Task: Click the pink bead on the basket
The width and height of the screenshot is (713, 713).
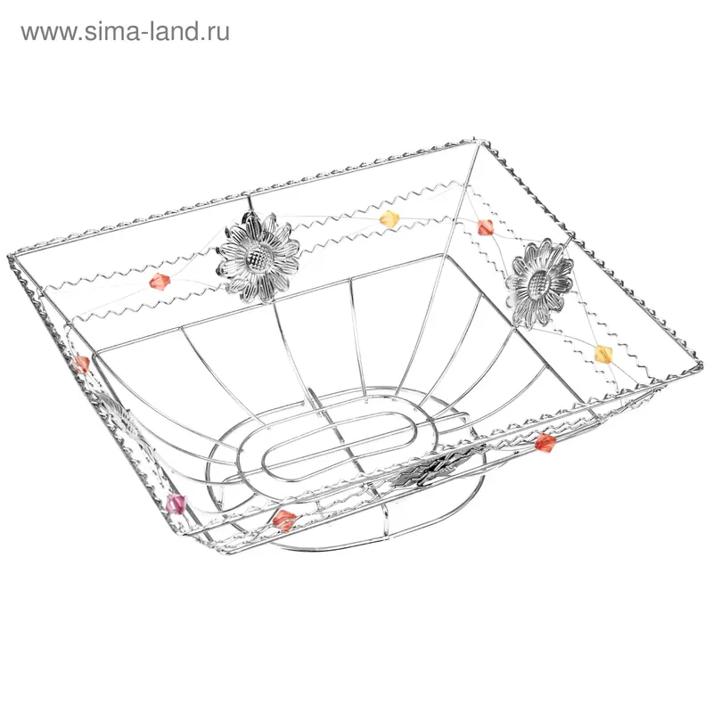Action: [x=176, y=504]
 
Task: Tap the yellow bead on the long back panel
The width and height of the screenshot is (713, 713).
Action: [x=389, y=218]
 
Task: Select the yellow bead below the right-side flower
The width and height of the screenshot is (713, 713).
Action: [x=604, y=354]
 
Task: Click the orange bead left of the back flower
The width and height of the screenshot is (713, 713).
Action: [x=160, y=281]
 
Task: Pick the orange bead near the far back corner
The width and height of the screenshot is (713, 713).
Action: [x=485, y=227]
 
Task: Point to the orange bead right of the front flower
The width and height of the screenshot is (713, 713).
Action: [x=545, y=442]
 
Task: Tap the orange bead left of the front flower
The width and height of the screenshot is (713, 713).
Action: [x=284, y=520]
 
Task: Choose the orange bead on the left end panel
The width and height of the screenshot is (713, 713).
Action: [x=82, y=365]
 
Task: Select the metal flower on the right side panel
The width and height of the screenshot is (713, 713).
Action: [x=540, y=283]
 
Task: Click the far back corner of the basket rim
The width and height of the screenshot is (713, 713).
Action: [x=475, y=142]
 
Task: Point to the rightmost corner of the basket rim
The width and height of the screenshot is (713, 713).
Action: [x=699, y=365]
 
